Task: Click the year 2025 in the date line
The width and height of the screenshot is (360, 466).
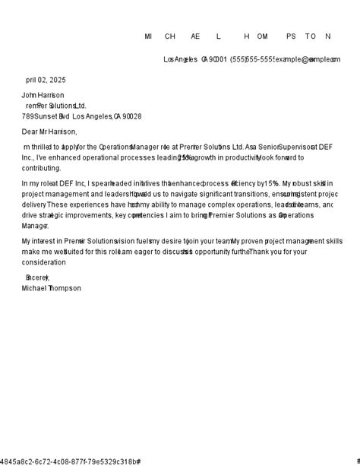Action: click(58, 80)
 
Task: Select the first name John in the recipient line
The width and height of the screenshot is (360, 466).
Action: click(29, 95)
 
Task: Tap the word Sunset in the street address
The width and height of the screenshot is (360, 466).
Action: click(46, 116)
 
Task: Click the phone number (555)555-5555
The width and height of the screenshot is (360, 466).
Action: click(252, 59)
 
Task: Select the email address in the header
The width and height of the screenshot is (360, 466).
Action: click(308, 59)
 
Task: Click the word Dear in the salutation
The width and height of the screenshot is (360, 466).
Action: click(30, 132)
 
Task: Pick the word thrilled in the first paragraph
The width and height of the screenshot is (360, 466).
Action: click(41, 147)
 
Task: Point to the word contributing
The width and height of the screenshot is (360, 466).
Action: click(41, 168)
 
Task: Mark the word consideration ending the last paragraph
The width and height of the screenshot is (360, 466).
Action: click(43, 262)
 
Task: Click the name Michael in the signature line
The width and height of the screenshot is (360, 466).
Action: click(33, 288)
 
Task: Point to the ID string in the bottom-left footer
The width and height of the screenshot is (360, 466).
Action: click(70, 461)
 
